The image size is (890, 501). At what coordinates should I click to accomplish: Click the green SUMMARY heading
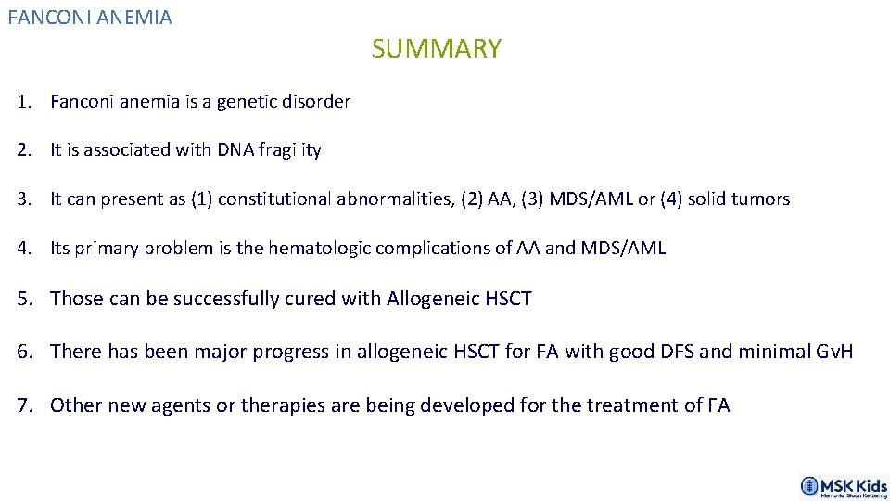pos(436,48)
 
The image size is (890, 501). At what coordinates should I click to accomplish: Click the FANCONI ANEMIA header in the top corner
pos(90,18)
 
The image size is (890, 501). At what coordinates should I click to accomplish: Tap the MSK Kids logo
pos(843,486)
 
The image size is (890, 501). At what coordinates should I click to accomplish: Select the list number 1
pos(21,102)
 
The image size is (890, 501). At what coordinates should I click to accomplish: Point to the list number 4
pos(21,248)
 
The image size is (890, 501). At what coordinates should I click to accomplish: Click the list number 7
pos(21,405)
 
